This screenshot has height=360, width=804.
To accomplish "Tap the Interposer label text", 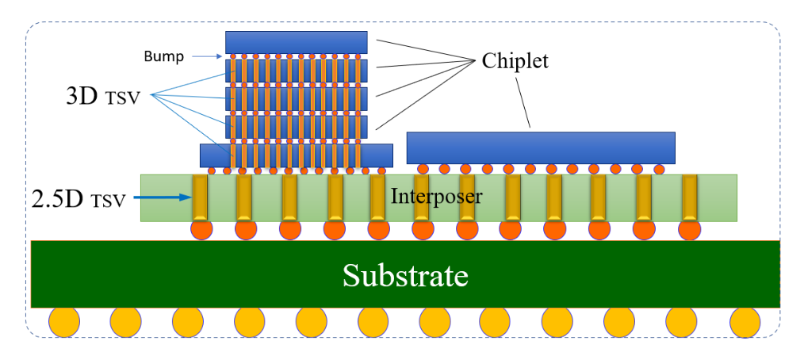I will click(x=435, y=195).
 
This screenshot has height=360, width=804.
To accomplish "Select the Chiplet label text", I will click(x=515, y=61).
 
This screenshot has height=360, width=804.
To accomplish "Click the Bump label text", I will click(x=164, y=56).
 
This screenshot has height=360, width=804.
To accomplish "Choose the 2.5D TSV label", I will click(x=79, y=198).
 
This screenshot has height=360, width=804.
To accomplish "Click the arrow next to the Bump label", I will click(x=205, y=56).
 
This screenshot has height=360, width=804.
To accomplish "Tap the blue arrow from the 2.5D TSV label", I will click(x=166, y=198).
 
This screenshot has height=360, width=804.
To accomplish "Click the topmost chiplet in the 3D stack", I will click(x=296, y=41).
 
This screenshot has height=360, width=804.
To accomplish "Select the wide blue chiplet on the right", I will click(x=540, y=147).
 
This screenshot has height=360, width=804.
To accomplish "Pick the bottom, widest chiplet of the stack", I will click(x=296, y=155).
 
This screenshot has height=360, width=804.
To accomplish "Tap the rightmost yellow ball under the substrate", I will click(x=745, y=322).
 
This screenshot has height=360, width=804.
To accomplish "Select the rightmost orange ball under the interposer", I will click(x=690, y=230).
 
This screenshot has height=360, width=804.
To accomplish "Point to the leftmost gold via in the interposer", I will click(x=200, y=197).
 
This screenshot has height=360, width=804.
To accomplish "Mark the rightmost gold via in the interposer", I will click(x=689, y=197).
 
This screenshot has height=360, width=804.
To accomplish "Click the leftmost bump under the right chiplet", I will click(x=423, y=169).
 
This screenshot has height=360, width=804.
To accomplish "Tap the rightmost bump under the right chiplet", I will click(x=658, y=169).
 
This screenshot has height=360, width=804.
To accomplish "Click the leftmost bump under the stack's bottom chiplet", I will click(x=212, y=170).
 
